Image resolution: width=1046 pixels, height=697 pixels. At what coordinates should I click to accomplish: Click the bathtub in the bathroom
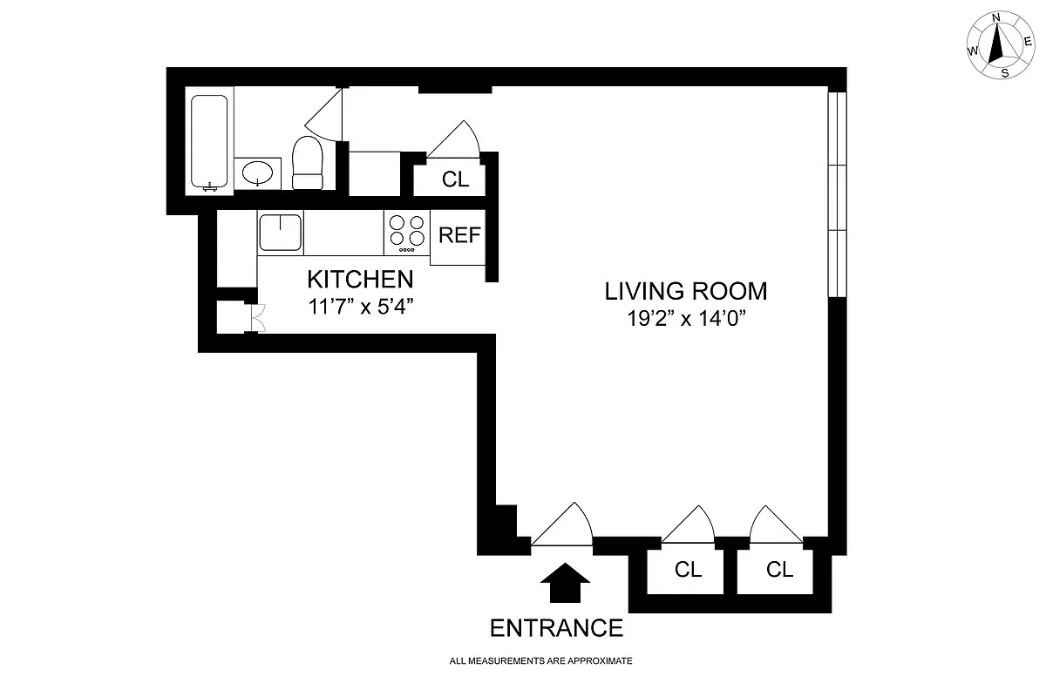[x=210, y=142]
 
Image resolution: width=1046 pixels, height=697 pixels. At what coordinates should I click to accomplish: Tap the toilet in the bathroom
[x=307, y=163]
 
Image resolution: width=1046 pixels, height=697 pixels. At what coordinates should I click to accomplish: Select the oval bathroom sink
[x=257, y=173]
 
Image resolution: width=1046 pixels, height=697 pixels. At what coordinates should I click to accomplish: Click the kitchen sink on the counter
[x=280, y=233]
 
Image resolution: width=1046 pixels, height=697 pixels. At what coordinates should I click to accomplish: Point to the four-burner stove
[x=406, y=233]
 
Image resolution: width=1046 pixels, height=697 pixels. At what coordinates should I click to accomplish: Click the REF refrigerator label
[x=458, y=235]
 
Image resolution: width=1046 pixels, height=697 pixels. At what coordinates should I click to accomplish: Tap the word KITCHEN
[x=359, y=280]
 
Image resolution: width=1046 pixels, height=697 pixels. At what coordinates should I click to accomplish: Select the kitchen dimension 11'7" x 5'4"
[x=359, y=306]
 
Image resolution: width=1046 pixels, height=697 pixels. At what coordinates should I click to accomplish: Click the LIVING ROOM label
[x=686, y=291]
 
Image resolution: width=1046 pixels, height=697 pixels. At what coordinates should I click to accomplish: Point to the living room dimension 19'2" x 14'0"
[x=686, y=318]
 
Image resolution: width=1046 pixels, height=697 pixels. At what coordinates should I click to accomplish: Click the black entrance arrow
[x=566, y=582]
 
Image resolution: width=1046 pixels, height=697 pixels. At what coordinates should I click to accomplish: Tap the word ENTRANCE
[x=556, y=627]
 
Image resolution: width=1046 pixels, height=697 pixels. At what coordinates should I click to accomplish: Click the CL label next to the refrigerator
[x=455, y=179]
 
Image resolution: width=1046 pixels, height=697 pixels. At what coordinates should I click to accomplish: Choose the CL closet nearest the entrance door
[x=688, y=570]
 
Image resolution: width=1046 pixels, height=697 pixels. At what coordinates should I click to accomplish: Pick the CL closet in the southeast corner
[x=780, y=570]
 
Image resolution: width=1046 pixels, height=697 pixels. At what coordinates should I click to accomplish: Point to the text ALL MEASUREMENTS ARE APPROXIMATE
[x=540, y=661]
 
